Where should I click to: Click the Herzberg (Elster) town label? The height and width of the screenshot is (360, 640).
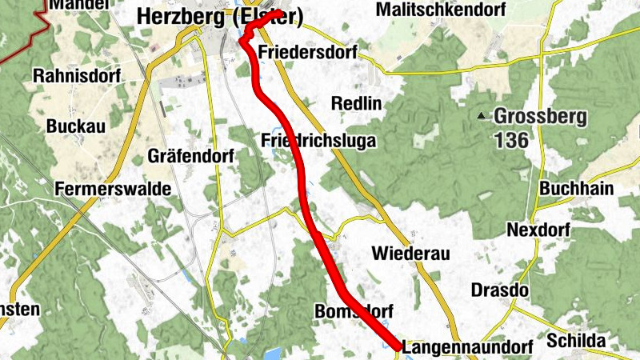click(219, 16)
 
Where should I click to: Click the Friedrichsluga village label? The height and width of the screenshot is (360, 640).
click(318, 141)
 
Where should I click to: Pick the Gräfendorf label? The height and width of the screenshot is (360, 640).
click(190, 157)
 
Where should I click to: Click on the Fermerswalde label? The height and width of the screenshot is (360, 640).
click(114, 189)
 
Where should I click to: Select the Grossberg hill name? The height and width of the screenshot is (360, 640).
click(540, 116)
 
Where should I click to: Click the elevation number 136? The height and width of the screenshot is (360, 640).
click(511, 141)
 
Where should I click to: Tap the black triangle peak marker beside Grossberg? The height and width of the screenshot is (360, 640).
click(482, 116)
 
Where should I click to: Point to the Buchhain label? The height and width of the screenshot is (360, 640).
click(577, 189)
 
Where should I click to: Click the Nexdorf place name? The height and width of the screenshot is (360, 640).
click(538, 230)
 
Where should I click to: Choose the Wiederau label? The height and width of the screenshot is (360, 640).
click(411, 254)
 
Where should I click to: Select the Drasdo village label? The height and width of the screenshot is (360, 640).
click(500, 290)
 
